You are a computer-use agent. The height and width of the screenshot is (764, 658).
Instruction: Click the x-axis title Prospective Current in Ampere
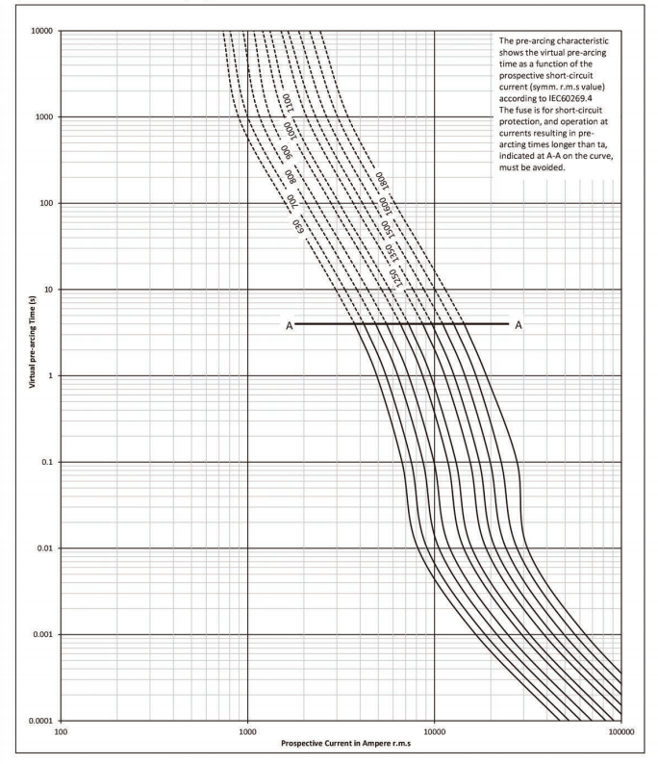pyautogui.click(x=342, y=744)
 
